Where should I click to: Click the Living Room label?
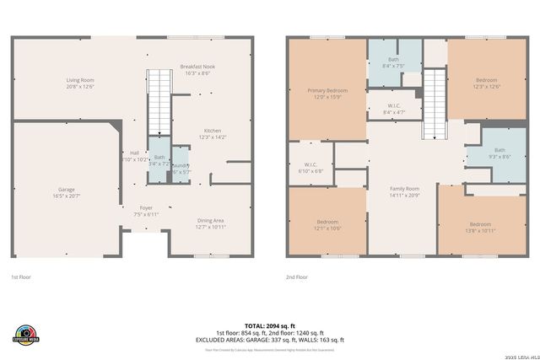click(80, 83)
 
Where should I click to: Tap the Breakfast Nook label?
click(199, 69)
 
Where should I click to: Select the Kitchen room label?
click(212, 133)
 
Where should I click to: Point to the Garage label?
click(66, 191)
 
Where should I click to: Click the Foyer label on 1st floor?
click(145, 209)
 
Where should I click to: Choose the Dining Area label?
click(211, 223)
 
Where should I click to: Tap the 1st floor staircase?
click(159, 98)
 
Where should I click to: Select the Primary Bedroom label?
click(327, 93)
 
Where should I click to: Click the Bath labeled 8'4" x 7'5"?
click(393, 62)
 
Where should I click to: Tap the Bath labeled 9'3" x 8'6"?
click(494, 153)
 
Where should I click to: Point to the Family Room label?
click(403, 191)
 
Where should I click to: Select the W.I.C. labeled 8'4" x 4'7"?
click(393, 108)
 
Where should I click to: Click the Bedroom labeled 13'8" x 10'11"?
click(480, 226)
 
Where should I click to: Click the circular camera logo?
click(27, 332)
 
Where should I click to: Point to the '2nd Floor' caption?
click(297, 277)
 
